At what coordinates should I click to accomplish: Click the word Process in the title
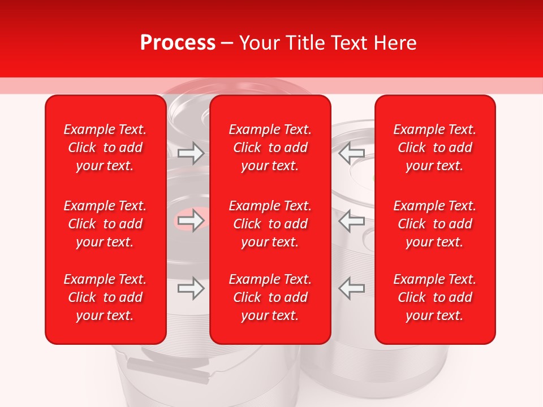pyautogui.click(x=178, y=43)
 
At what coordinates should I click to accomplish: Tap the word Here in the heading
pyautogui.click(x=395, y=43)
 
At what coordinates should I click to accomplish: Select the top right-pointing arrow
pyautogui.click(x=191, y=153)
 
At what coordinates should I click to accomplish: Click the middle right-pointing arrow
pyautogui.click(x=191, y=220)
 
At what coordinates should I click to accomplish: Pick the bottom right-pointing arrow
pyautogui.click(x=191, y=288)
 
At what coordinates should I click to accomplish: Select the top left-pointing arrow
pyautogui.click(x=351, y=153)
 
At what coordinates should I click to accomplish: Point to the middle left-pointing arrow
pyautogui.click(x=351, y=220)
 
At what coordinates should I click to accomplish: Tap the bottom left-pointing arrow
pyautogui.click(x=351, y=288)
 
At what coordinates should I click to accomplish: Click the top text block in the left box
pyautogui.click(x=105, y=148)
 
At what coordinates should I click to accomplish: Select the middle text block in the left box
pyautogui.click(x=105, y=224)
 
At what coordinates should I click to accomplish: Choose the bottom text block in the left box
pyautogui.click(x=105, y=297)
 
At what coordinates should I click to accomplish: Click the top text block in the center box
pyautogui.click(x=270, y=148)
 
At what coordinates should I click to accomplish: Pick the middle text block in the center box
pyautogui.click(x=270, y=224)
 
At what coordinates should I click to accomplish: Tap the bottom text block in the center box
pyautogui.click(x=270, y=297)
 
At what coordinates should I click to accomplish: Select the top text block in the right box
pyautogui.click(x=434, y=148)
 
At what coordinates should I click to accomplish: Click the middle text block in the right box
pyautogui.click(x=434, y=224)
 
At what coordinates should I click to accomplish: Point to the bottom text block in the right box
pyautogui.click(x=434, y=297)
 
